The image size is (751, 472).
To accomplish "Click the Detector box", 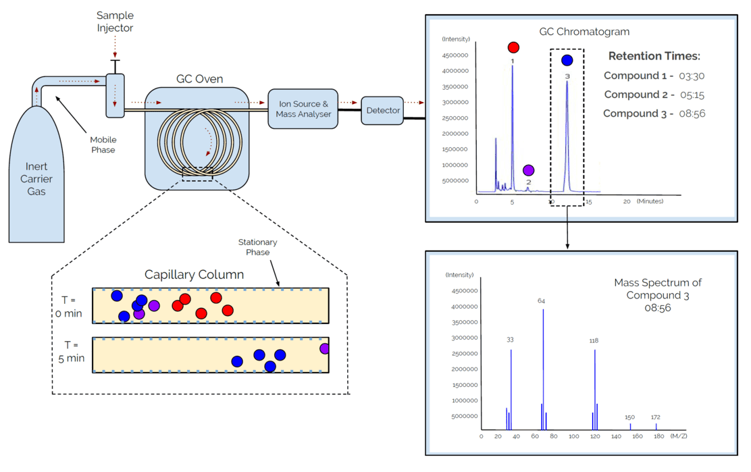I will [382, 111].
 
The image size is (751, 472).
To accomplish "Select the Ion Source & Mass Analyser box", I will [303, 109].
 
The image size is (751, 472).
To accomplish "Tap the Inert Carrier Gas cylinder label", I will [36, 179].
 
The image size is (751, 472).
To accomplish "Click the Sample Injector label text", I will [115, 22].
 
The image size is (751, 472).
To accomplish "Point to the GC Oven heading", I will [199, 79].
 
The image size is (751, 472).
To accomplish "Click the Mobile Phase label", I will [103, 145].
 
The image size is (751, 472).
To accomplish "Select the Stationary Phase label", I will [257, 247].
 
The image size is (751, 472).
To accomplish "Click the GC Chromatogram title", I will [584, 32].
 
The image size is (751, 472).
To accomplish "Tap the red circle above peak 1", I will [513, 47].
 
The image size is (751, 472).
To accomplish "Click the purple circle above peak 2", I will [528, 170].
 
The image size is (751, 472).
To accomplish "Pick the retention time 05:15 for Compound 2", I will [692, 95].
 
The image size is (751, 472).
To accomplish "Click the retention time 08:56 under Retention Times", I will [692, 113].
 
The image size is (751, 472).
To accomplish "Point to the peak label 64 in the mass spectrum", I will [542, 301].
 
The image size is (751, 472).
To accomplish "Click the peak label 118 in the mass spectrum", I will [594, 341].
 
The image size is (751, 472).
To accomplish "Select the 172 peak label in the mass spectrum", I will [655, 417].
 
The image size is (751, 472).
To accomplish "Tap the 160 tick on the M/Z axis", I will [638, 436].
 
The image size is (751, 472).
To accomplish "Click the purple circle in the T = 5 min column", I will [324, 348].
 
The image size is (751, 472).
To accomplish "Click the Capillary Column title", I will [195, 275].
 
